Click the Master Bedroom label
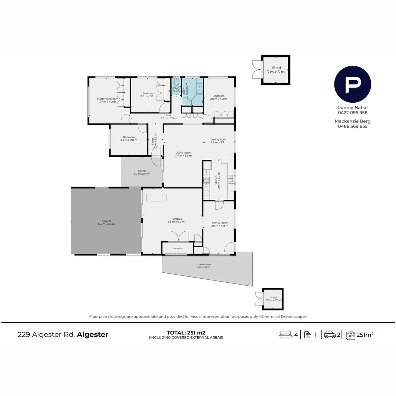click(x=107, y=99)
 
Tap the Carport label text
click(x=106, y=221)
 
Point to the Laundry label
click(x=177, y=249)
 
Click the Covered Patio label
click(x=203, y=264)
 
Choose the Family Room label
click(x=220, y=223)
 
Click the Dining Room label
click(x=219, y=139)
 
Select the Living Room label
click(x=183, y=153)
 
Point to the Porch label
click(x=142, y=171)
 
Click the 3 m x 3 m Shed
click(x=276, y=70)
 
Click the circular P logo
click(x=352, y=84)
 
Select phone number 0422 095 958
click(x=352, y=113)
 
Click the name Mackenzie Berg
click(x=352, y=121)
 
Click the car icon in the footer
click(x=330, y=334)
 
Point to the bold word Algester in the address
click(x=92, y=334)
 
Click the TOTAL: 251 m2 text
click(x=186, y=333)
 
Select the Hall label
click(x=168, y=115)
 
